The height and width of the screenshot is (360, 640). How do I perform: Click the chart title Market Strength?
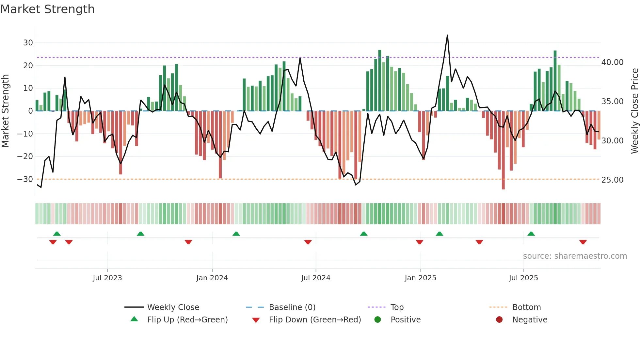coord(47,9)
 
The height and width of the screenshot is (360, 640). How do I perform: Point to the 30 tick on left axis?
coord(28,43)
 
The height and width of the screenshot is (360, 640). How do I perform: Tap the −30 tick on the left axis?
coord(25,179)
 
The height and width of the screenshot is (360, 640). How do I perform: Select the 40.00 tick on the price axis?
coord(612,62)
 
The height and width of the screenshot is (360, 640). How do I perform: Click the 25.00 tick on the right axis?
coord(612,180)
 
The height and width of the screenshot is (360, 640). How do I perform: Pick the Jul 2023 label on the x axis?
coord(107,278)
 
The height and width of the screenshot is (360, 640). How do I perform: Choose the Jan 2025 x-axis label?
coord(420,278)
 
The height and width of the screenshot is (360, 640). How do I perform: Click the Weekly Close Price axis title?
coord(634,111)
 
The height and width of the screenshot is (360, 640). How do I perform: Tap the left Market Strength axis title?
coord(5,111)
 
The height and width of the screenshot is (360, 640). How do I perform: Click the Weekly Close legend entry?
coord(173,307)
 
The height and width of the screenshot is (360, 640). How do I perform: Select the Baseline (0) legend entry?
coord(292,307)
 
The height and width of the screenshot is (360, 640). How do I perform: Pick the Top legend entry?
coord(397,307)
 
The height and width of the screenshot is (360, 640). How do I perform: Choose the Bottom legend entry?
coord(526,307)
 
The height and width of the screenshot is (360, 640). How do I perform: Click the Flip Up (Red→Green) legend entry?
coord(187,320)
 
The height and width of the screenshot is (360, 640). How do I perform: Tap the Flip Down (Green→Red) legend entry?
coord(315,320)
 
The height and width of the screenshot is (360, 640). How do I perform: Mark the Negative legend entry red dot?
coord(499,320)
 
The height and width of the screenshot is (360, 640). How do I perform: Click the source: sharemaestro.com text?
coord(575,256)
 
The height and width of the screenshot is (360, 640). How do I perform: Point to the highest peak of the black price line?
coord(447,35)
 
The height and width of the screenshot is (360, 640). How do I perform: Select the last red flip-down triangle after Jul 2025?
coord(583,242)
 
